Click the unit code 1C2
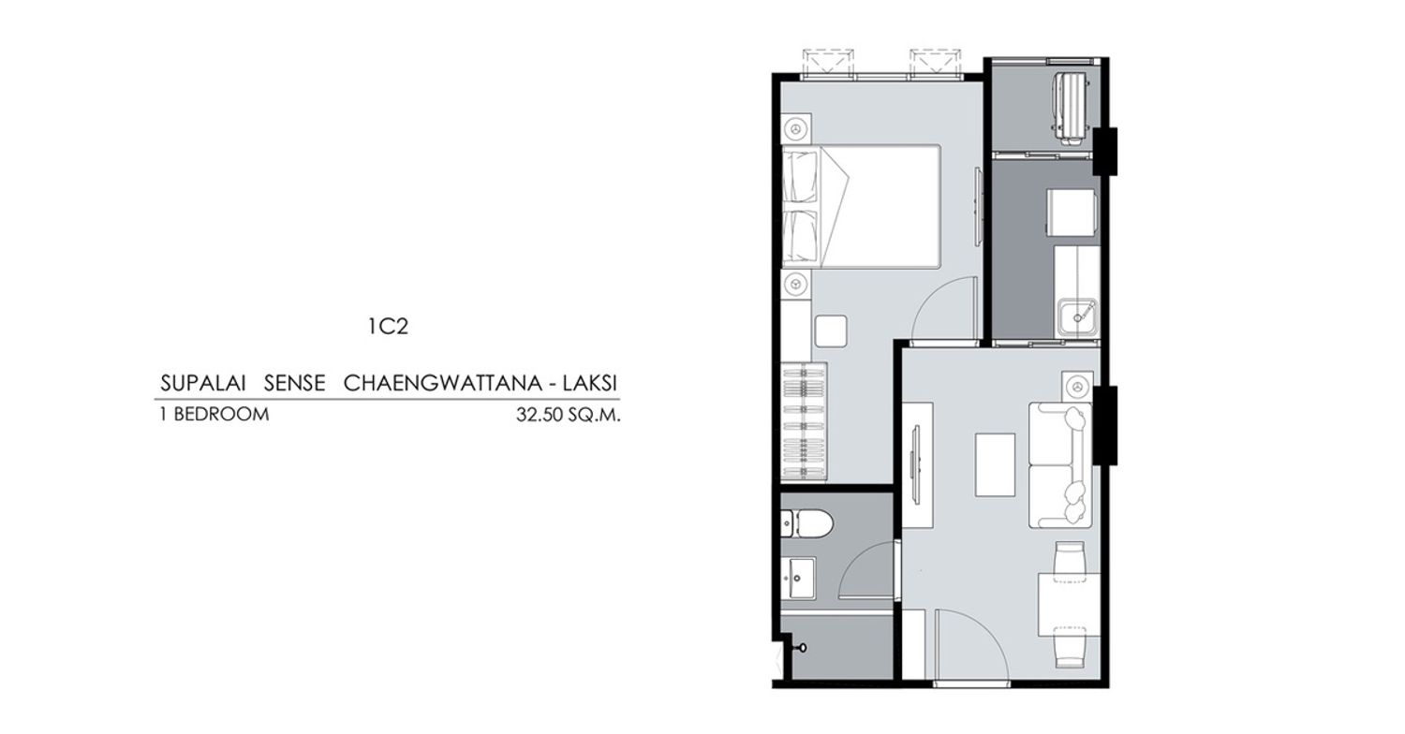coord(389,326)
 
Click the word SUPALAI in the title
coord(202,383)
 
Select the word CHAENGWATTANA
coord(442,383)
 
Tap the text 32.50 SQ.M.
coord(569,415)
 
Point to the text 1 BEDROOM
coord(214,415)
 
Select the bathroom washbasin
coord(798,578)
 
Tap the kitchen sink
coord(1077,318)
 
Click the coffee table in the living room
coord(995,465)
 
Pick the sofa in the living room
coord(1060,465)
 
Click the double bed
coord(861,207)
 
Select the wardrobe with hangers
coord(804,422)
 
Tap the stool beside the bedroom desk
coord(831,331)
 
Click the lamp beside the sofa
coord(1077,386)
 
